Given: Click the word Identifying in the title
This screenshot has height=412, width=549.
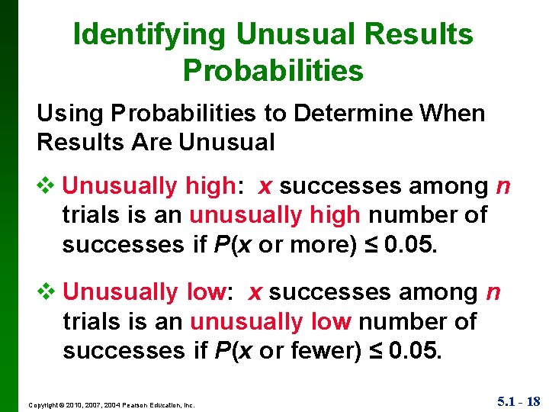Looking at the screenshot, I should pyautogui.click(x=149, y=34).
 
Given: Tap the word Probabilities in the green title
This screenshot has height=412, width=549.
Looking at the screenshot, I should pyautogui.click(x=273, y=70).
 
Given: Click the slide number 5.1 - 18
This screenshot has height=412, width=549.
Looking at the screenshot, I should pyautogui.click(x=518, y=401).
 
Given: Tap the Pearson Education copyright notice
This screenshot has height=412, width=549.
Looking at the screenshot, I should pyautogui.click(x=111, y=404).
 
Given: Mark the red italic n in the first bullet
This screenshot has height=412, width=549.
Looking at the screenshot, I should pyautogui.click(x=504, y=186).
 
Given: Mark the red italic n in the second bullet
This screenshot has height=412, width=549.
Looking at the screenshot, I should pyautogui.click(x=493, y=292).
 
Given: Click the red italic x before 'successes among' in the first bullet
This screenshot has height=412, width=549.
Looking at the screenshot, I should pyautogui.click(x=265, y=186).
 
